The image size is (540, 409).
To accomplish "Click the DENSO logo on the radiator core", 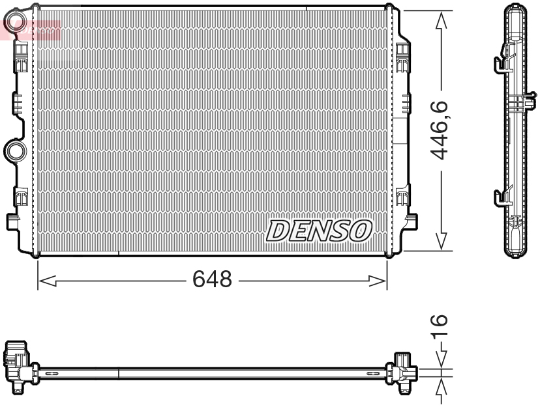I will click(x=319, y=230).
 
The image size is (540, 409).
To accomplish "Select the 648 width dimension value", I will click(x=212, y=279).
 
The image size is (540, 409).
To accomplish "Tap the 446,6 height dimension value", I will click(x=442, y=130).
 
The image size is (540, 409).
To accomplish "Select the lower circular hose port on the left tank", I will click(x=14, y=151).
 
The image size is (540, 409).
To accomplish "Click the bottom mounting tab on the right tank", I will click(x=411, y=221).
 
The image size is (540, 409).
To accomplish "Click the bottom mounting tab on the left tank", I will click(x=12, y=221).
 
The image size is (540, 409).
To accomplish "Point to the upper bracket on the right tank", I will click(x=403, y=53).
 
